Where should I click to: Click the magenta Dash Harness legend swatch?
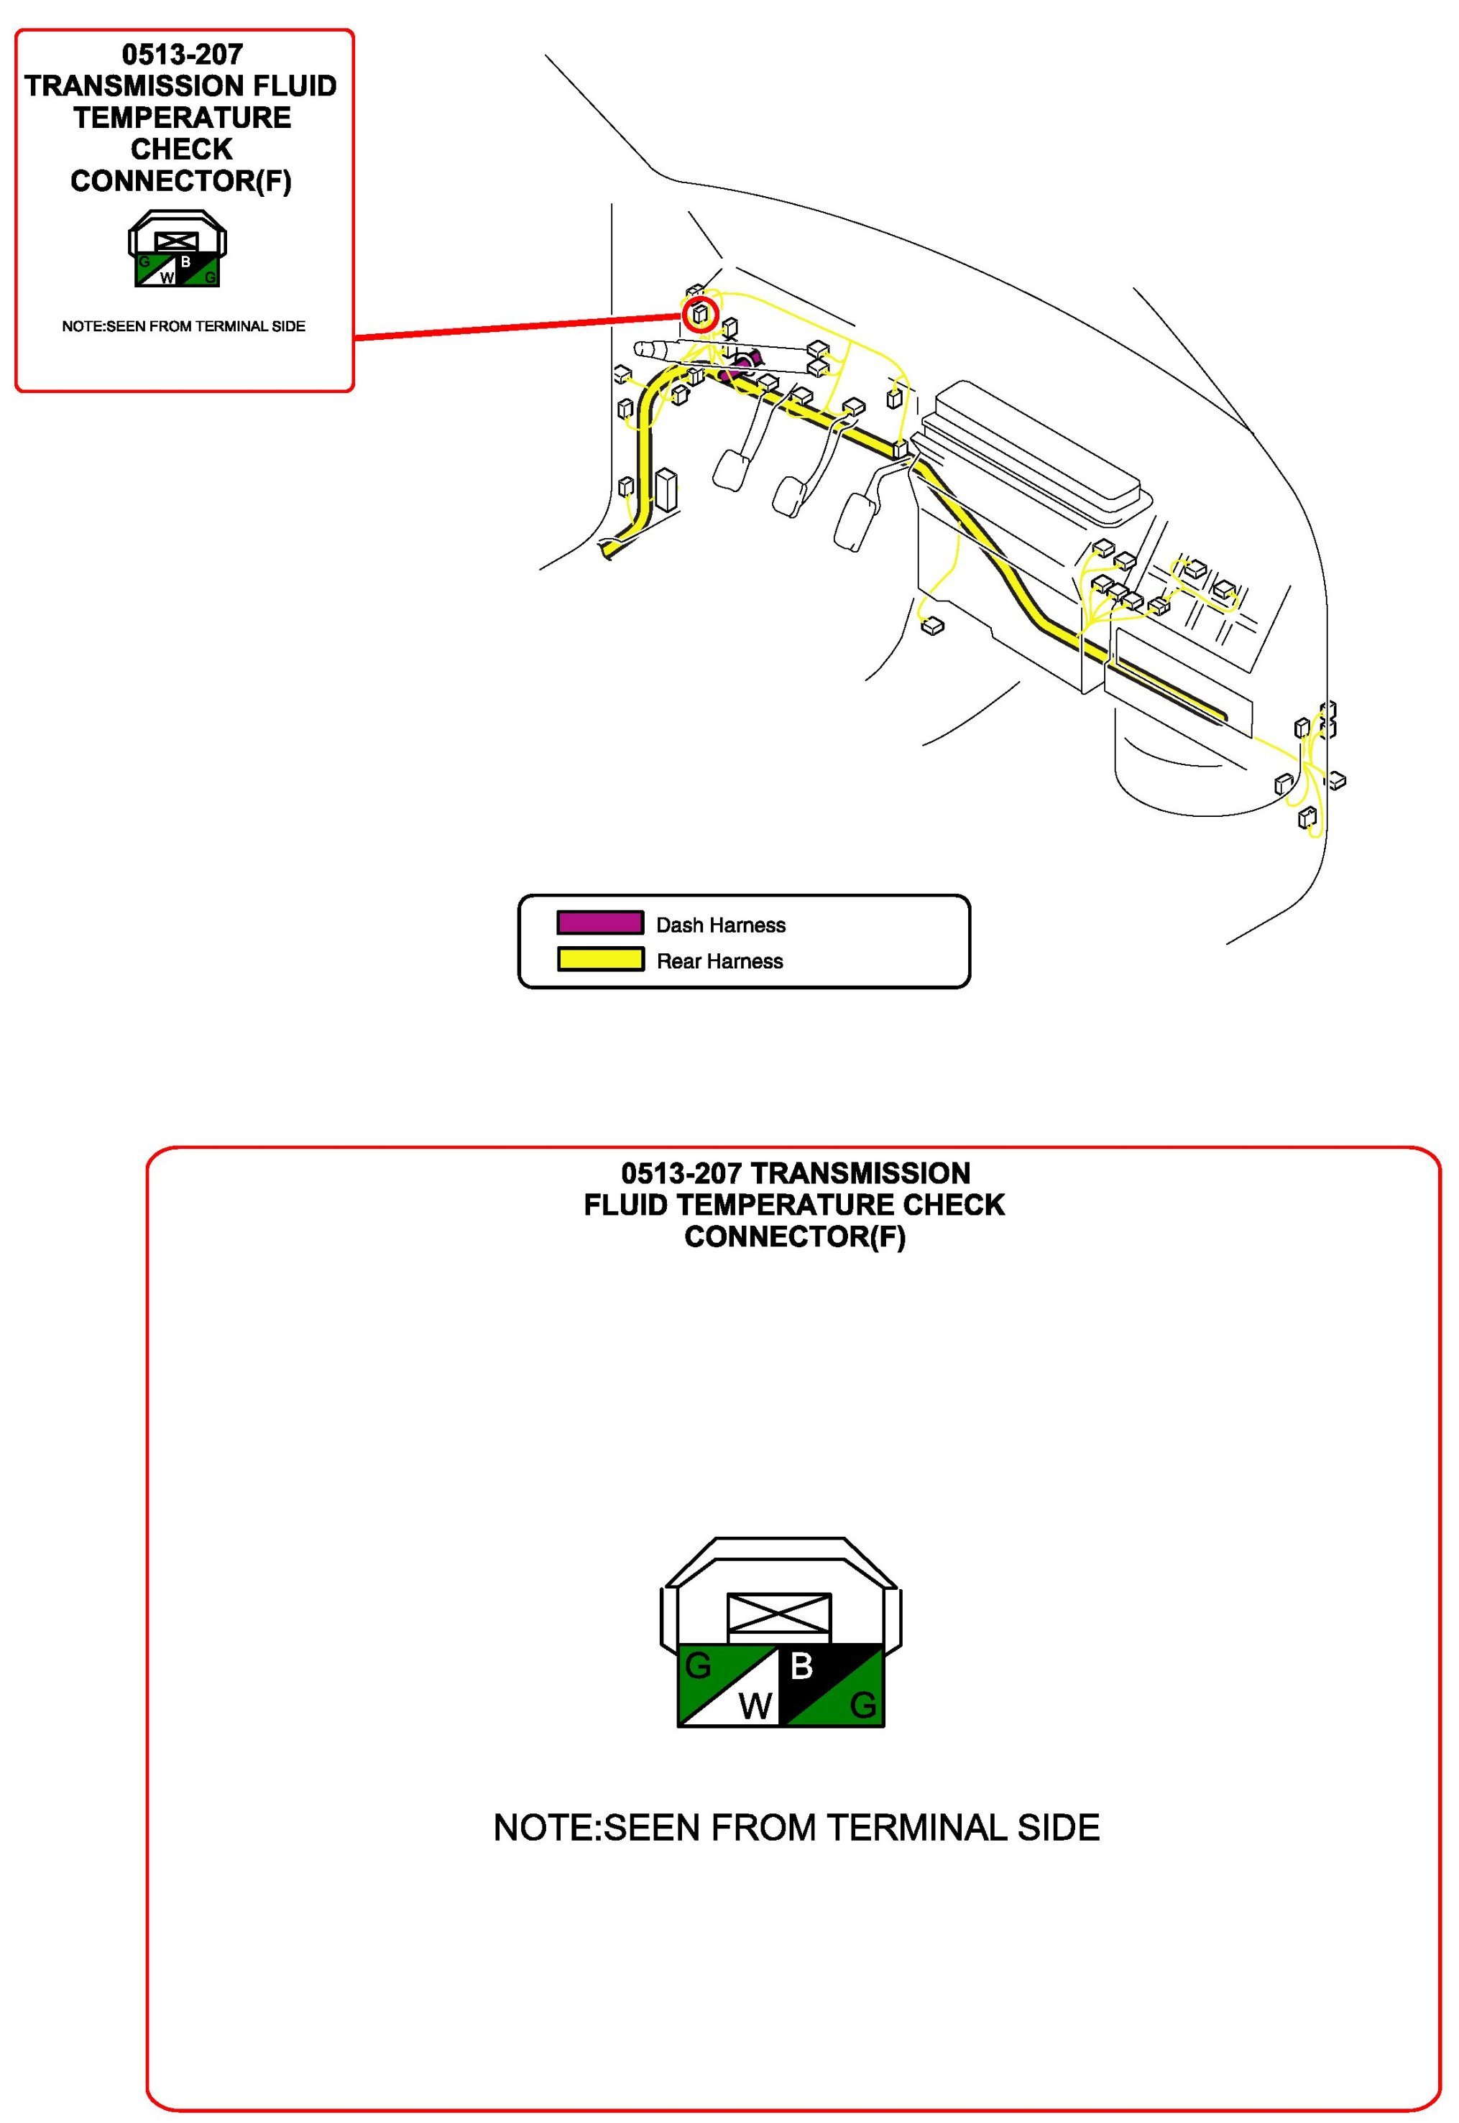pyautogui.click(x=599, y=922)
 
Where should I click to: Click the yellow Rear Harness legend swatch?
pyautogui.click(x=599, y=960)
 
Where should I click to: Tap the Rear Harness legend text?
pyautogui.click(x=719, y=961)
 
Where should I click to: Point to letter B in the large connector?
pyautogui.click(x=801, y=1666)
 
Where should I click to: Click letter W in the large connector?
pyautogui.click(x=755, y=1706)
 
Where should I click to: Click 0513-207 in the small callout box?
pyautogui.click(x=183, y=55)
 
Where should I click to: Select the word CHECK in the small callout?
pyautogui.click(x=181, y=149)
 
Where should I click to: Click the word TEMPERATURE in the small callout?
pyautogui.click(x=183, y=118)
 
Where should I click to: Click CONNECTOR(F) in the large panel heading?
pyautogui.click(x=794, y=1236)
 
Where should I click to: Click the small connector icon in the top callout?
pyautogui.click(x=178, y=249)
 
